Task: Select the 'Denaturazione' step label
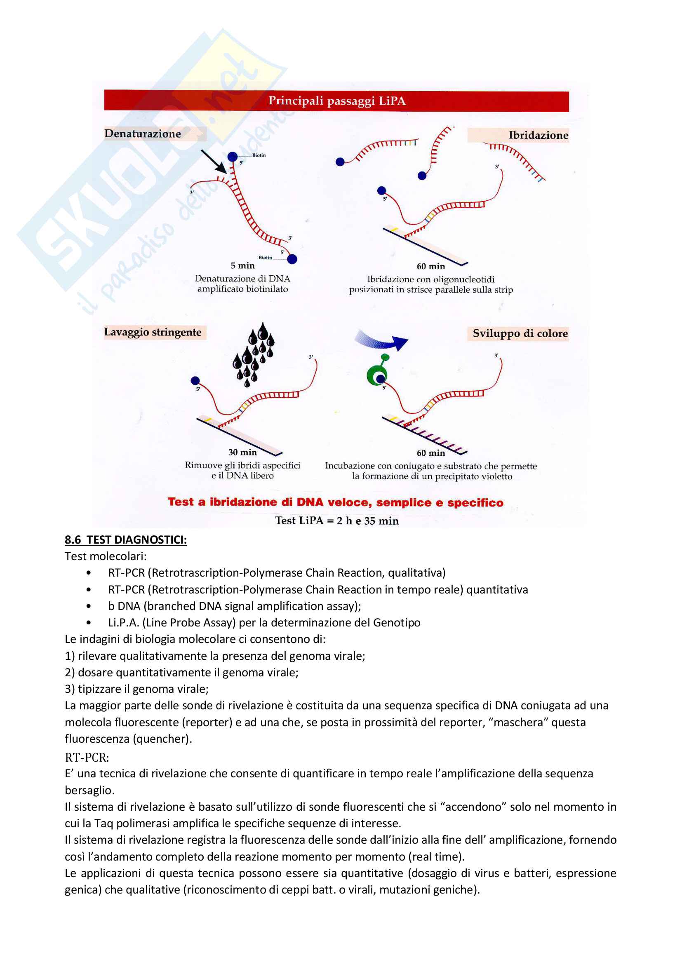point(143,134)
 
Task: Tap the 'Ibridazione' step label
point(538,135)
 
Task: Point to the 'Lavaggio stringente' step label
point(153,332)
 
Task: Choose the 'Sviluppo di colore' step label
point(520,333)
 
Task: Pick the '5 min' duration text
point(242,265)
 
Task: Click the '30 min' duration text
point(242,452)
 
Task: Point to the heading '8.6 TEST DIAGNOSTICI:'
point(126,539)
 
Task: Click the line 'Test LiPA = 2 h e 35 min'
point(337,521)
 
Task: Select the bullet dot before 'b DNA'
point(88,606)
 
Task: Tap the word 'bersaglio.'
point(89,790)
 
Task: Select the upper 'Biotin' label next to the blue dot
point(259,155)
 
